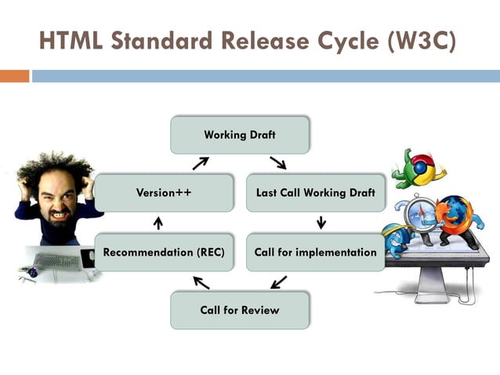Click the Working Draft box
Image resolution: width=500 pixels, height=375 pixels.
(x=240, y=135)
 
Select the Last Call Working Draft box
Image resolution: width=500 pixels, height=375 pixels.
(x=316, y=193)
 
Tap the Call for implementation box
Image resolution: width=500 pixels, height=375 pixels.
(x=316, y=253)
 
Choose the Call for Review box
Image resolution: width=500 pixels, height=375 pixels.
(x=240, y=310)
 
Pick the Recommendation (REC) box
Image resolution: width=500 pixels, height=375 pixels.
(x=164, y=253)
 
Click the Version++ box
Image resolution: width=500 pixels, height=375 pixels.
(x=164, y=193)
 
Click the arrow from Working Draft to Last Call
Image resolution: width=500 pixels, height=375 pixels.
(x=277, y=163)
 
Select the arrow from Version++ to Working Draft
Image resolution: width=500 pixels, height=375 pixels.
(x=201, y=163)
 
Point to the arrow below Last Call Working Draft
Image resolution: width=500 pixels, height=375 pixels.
(x=321, y=223)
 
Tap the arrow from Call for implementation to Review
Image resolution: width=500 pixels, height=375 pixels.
(x=278, y=282)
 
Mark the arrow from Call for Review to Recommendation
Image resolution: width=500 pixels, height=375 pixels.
(x=201, y=282)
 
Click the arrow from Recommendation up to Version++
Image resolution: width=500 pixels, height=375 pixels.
(x=158, y=223)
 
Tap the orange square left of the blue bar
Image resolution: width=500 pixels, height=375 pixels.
(x=14, y=76)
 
